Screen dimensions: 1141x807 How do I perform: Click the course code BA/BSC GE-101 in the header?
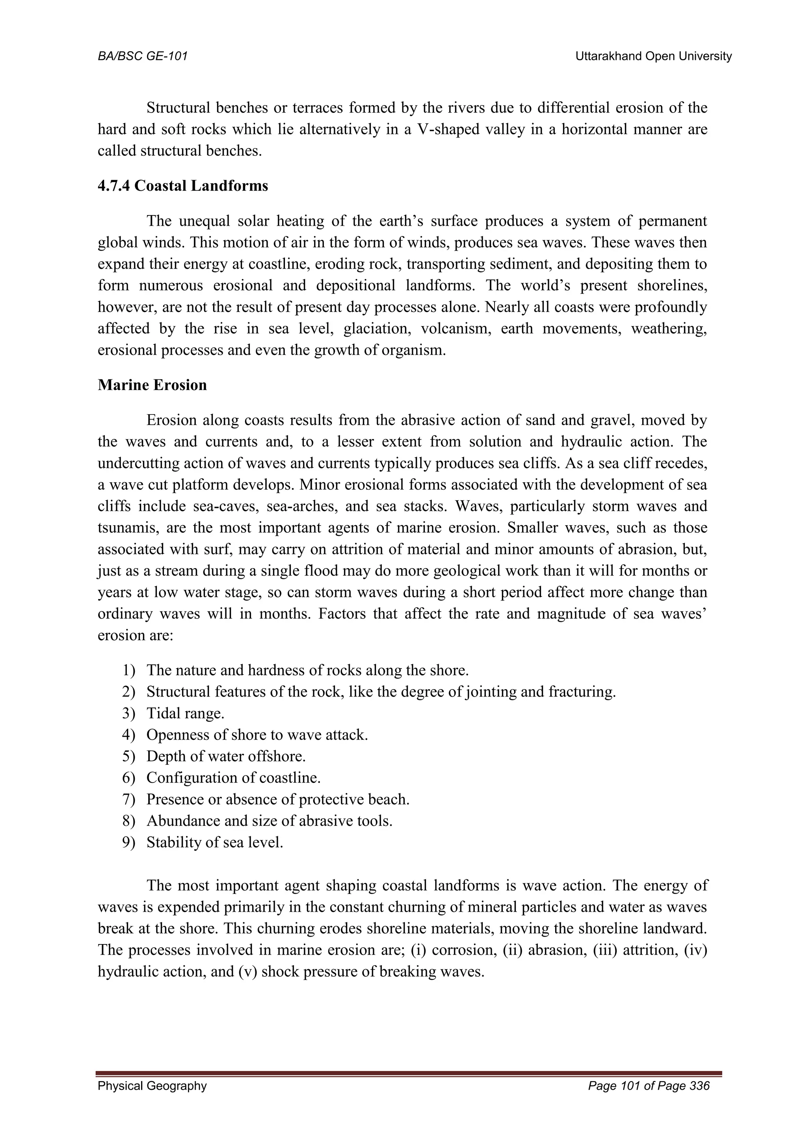(x=143, y=57)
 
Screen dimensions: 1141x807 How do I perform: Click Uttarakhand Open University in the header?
(x=653, y=57)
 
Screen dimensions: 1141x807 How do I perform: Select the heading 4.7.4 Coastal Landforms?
(x=183, y=186)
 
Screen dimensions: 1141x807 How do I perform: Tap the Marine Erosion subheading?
(x=152, y=385)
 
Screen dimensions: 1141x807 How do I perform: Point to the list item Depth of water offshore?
(x=226, y=756)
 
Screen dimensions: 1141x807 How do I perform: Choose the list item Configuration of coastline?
(x=234, y=778)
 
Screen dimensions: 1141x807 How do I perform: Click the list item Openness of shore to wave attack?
(x=257, y=735)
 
